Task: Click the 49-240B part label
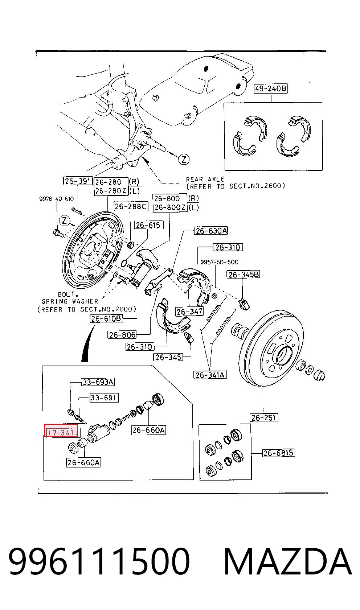pos(271,89)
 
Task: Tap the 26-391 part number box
pos(78,181)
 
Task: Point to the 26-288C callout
pos(131,206)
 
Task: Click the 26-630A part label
pos(211,231)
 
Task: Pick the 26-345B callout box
pos(244,275)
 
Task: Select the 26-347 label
pos(189,311)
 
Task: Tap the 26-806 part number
pos(122,335)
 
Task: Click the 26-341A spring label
pos(210,375)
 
